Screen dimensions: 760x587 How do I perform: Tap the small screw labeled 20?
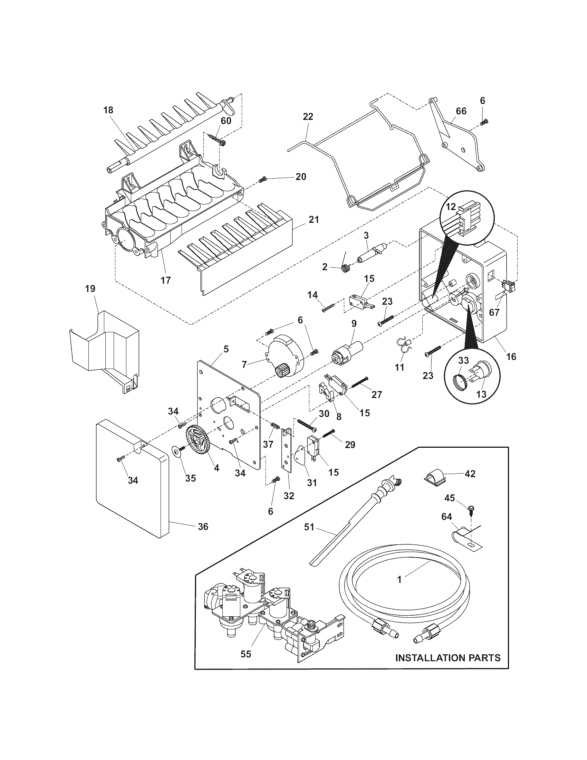(x=262, y=180)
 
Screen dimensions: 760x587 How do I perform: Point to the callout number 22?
(x=308, y=116)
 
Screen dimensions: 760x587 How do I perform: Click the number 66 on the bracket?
(x=461, y=111)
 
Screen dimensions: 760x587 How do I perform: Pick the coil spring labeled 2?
(x=346, y=268)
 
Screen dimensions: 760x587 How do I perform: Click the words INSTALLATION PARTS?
(x=448, y=658)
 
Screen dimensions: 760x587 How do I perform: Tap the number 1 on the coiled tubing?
(x=399, y=579)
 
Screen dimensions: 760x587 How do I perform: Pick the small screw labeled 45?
(x=470, y=508)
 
